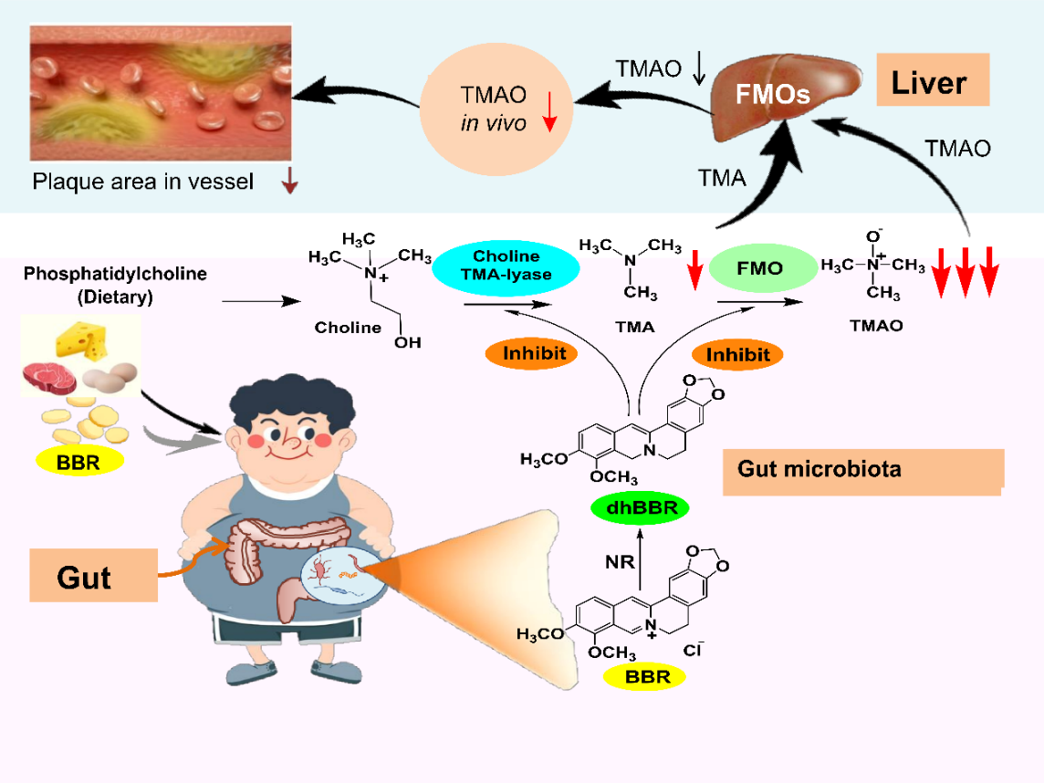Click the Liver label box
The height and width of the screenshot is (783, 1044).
927,83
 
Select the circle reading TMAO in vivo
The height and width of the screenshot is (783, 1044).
494,108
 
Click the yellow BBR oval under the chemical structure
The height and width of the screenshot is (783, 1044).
648,676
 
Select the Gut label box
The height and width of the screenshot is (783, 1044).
93,576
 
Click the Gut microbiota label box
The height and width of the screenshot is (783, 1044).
862,471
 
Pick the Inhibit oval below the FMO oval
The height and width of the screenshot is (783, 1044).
737,354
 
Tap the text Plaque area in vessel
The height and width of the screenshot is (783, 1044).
142,182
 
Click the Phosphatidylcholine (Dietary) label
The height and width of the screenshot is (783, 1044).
115,285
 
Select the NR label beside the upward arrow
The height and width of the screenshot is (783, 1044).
619,562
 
